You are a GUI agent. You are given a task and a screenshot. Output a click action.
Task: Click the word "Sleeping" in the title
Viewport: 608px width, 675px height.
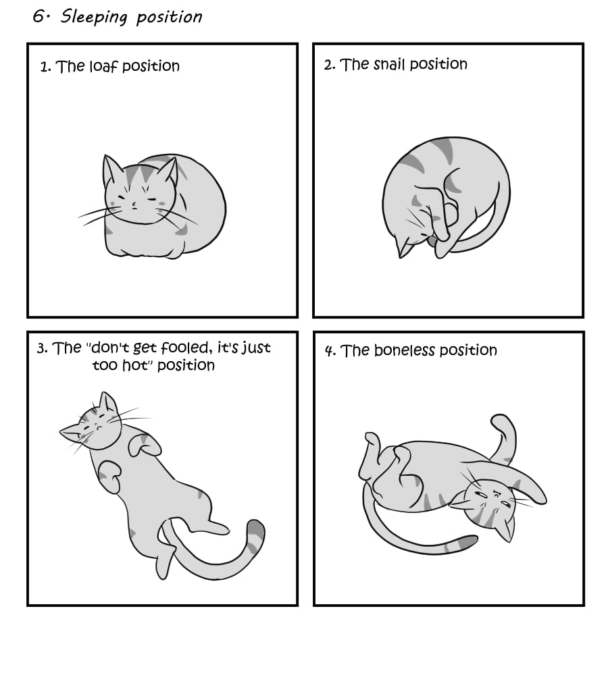click(94, 18)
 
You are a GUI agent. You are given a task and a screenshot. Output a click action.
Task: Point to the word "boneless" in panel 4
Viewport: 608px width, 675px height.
click(405, 350)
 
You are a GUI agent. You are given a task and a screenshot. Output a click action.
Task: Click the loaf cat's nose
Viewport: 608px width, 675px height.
click(134, 203)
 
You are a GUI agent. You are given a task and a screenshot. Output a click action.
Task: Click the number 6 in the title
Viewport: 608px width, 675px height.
click(39, 16)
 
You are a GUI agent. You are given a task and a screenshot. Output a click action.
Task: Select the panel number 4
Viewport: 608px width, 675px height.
click(330, 351)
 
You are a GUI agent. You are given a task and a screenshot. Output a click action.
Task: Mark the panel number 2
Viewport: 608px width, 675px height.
click(329, 65)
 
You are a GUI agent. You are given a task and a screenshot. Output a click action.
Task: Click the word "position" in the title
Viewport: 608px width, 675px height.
click(170, 18)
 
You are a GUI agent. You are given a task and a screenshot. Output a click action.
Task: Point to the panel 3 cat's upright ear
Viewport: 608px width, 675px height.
click(107, 403)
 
